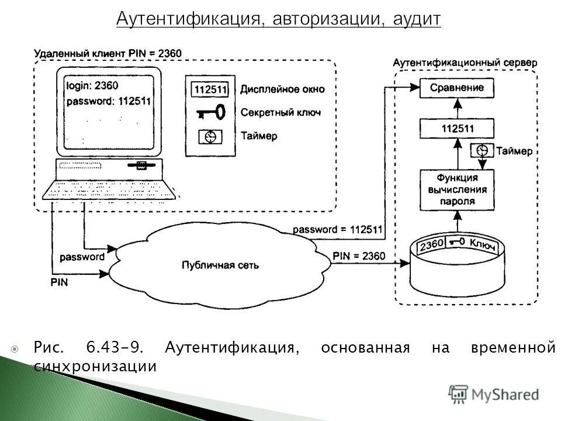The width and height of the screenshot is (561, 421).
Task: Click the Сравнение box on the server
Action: (457, 88)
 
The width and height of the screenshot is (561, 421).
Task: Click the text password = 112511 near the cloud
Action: (337, 230)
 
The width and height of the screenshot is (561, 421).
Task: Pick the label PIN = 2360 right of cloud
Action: (359, 256)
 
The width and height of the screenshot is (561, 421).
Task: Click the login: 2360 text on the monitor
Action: (92, 85)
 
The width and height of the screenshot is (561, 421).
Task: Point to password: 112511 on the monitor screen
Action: (108, 101)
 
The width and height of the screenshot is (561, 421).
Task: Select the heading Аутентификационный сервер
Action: (465, 62)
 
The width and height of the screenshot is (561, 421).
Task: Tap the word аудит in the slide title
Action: (416, 19)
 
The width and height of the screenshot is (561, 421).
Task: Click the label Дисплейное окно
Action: (282, 89)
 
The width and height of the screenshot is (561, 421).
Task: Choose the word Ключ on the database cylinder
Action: (483, 245)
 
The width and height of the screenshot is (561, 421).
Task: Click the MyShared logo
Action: (494, 394)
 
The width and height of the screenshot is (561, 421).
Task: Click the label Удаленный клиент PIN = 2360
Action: (108, 53)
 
